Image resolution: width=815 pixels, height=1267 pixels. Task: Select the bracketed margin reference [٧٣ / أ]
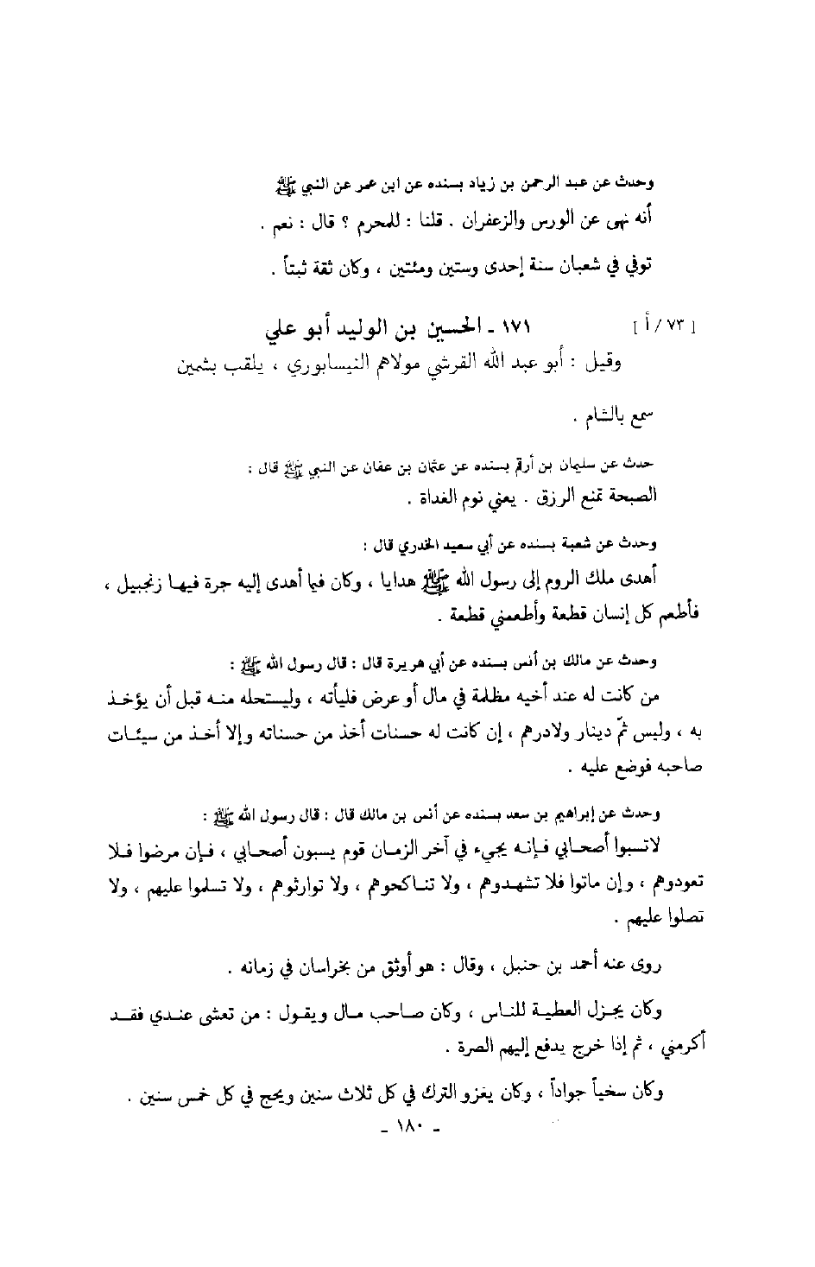[664, 329]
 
